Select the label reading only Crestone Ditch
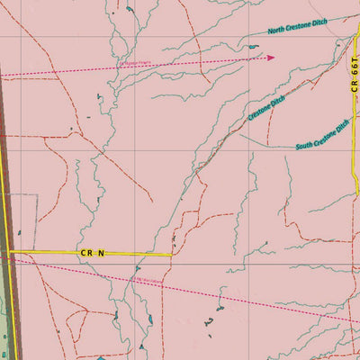[268, 111]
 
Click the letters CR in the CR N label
[86, 255]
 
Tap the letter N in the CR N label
[102, 255]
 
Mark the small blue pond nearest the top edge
[129, 10]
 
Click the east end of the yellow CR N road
[171, 255]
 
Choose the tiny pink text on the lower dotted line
[147, 280]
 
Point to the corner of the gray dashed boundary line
[36, 193]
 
